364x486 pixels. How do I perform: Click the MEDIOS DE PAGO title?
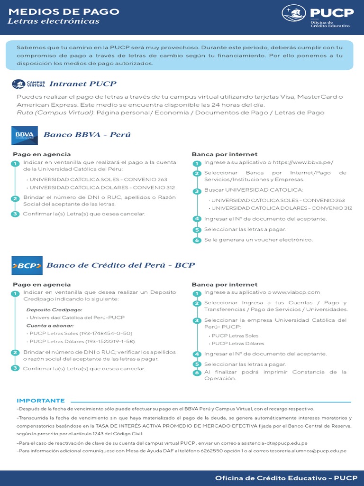click(x=64, y=11)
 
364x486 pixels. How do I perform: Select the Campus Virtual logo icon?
click(x=28, y=84)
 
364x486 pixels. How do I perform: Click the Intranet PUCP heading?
click(x=83, y=84)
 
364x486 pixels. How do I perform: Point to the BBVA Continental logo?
click(x=25, y=135)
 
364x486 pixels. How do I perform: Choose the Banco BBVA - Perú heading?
click(x=87, y=135)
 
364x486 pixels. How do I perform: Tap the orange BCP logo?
click(x=27, y=266)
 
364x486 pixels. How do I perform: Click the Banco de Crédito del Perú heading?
click(x=120, y=265)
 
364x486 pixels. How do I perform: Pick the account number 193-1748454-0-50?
click(x=108, y=334)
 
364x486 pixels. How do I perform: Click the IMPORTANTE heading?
click(x=41, y=401)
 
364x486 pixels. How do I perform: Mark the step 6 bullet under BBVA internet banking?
click(x=197, y=240)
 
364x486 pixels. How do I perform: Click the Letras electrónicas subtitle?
click(x=54, y=21)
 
